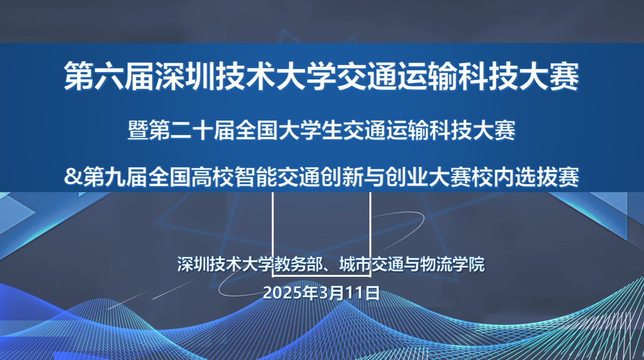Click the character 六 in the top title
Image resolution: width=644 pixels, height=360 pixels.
coord(109,76)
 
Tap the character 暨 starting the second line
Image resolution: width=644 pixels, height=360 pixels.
coord(138,130)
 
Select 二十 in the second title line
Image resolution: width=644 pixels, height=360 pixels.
coord(192,130)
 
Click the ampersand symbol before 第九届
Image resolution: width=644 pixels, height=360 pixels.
coord(73,177)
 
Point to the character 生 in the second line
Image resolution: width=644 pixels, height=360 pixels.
coord(332,130)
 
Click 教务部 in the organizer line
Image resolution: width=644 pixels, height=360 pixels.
coord(298,264)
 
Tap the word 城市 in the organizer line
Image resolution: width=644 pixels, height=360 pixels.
coord(355,264)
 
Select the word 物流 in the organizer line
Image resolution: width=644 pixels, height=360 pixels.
coord(436,264)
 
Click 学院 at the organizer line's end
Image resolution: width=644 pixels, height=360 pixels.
coord(469,264)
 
